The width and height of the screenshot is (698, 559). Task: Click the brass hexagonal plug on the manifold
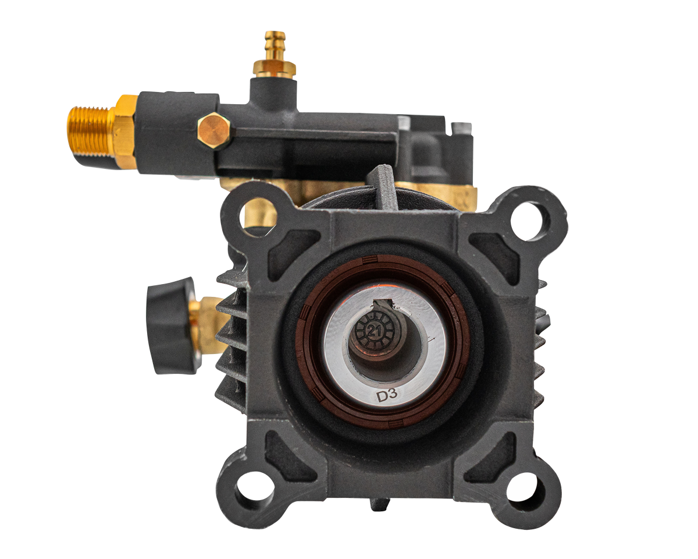pos(214,130)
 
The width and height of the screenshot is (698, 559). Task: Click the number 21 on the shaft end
pos(374,331)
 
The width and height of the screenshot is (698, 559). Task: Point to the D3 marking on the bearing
pos(387,395)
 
